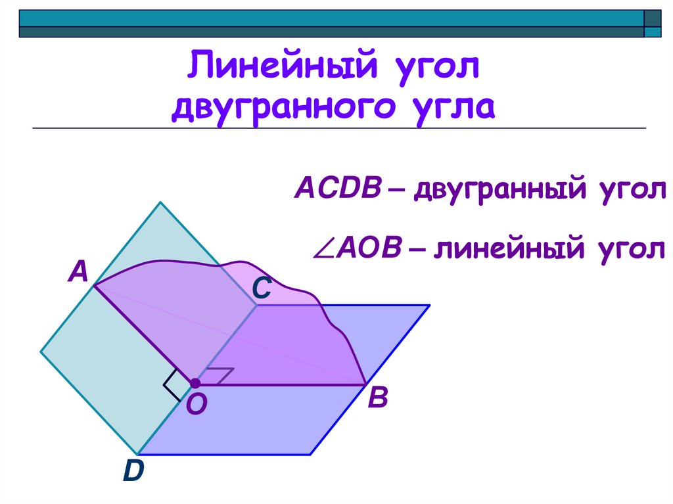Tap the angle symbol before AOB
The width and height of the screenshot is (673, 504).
(x=325, y=250)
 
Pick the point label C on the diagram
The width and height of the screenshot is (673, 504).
(x=262, y=288)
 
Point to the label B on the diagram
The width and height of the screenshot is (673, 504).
(x=378, y=398)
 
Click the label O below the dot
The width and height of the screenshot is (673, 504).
(x=196, y=405)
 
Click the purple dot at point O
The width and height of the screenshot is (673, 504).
(x=195, y=383)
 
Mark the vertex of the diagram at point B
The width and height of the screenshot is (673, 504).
(x=366, y=384)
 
